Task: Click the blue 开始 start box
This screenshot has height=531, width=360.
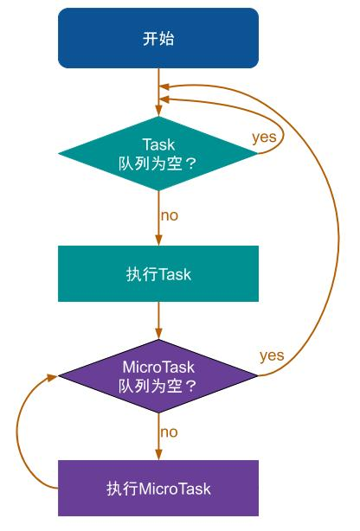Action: coord(158,38)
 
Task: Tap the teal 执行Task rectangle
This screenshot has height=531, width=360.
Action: coord(158,274)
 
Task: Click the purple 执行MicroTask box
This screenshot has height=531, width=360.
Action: coord(158,489)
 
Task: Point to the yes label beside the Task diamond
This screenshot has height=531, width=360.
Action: coord(265,137)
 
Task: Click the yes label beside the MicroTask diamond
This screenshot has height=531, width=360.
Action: coord(272,355)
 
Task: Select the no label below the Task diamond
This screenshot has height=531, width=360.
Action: coord(170,214)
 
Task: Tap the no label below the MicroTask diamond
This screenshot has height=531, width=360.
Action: coord(170,431)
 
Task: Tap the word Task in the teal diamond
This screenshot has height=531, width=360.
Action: coord(158,144)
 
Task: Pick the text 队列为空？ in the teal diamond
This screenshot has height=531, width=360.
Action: coord(158,163)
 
